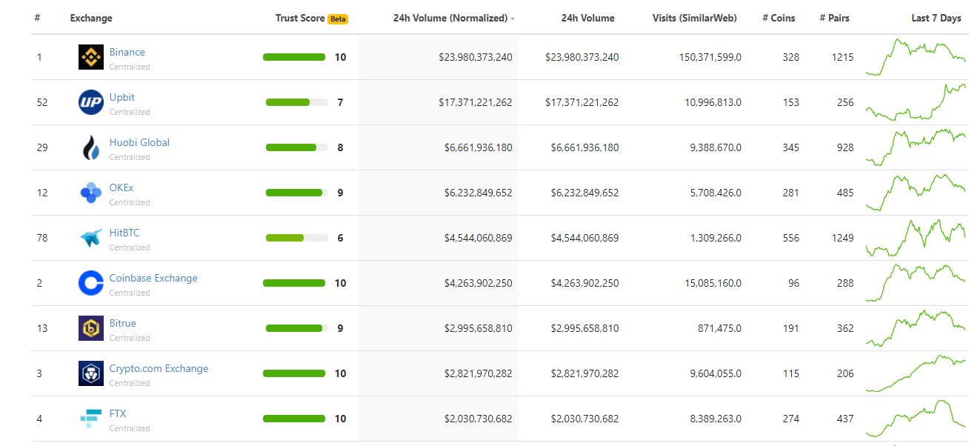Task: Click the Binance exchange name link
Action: [x=127, y=53]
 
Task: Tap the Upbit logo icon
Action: [x=91, y=102]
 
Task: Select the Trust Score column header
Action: [x=300, y=19]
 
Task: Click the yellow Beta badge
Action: [x=338, y=19]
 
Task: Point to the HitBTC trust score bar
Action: [x=296, y=238]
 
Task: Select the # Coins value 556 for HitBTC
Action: [x=790, y=238]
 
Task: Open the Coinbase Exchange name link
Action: [x=153, y=279]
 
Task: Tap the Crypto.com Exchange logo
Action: [x=91, y=373]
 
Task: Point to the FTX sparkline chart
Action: [x=916, y=419]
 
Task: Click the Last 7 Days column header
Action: [x=936, y=19]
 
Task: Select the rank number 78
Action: [x=42, y=238]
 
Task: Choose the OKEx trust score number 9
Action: [x=340, y=193]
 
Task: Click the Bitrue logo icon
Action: [x=91, y=328]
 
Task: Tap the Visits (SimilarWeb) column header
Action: [x=694, y=19]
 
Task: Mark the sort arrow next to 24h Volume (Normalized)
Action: [x=513, y=19]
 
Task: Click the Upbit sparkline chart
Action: [x=916, y=102]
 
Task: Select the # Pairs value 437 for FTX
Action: [x=845, y=419]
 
